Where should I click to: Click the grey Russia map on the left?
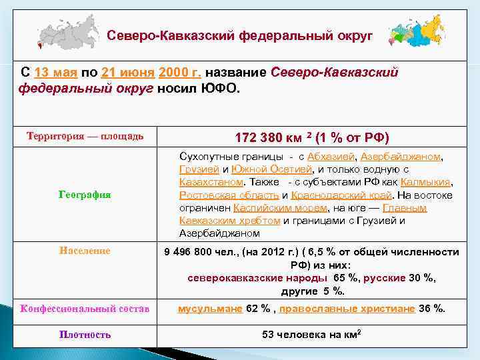[x=67, y=33]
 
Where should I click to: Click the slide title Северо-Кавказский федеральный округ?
[x=240, y=35]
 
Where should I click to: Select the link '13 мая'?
[x=56, y=72]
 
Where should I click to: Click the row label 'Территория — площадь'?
[x=85, y=136]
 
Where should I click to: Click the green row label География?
[x=85, y=195]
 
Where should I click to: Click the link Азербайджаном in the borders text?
[x=401, y=157]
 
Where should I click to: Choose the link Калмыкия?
[x=427, y=182]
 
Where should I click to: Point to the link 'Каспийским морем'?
[x=274, y=208]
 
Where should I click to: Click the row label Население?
[x=85, y=251]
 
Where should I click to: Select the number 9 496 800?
[x=196, y=252]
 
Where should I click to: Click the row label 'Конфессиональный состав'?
[x=85, y=308]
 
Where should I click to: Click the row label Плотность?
[x=85, y=335]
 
